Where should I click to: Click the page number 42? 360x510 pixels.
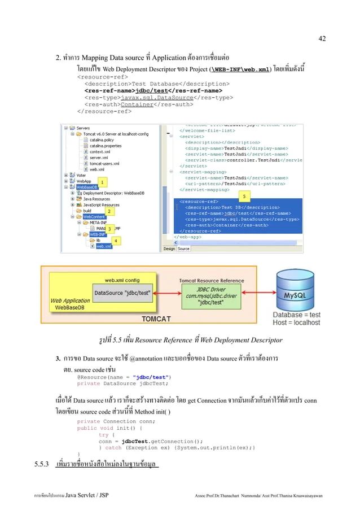[x=322, y=38]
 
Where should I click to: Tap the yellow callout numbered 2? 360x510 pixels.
[x=108, y=211]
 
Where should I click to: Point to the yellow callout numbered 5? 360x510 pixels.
[x=244, y=195]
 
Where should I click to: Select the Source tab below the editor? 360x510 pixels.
[x=183, y=249]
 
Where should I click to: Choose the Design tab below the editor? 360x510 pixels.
[x=169, y=249]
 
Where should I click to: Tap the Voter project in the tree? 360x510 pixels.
[x=82, y=175]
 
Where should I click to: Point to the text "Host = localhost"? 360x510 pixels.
[x=296, y=323]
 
